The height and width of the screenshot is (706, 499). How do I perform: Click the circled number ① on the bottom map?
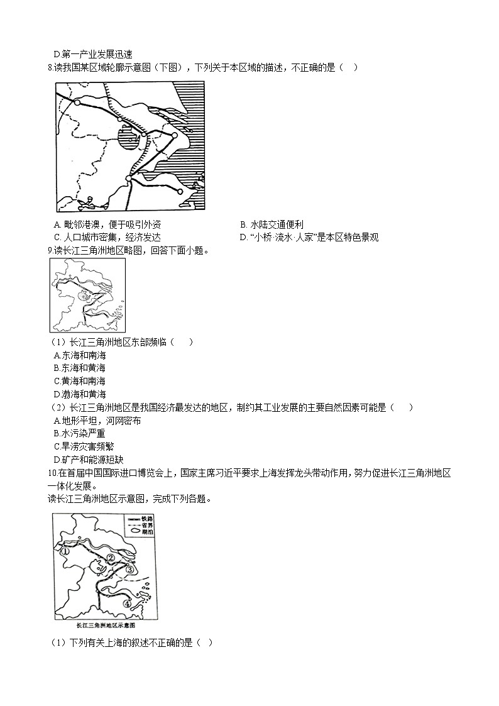point(65,551)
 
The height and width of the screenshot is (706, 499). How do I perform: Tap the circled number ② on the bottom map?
point(111,558)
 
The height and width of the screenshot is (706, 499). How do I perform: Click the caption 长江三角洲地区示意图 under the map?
point(106,626)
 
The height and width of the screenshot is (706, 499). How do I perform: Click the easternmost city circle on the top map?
point(175,135)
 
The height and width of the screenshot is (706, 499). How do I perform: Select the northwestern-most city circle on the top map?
point(77,102)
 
